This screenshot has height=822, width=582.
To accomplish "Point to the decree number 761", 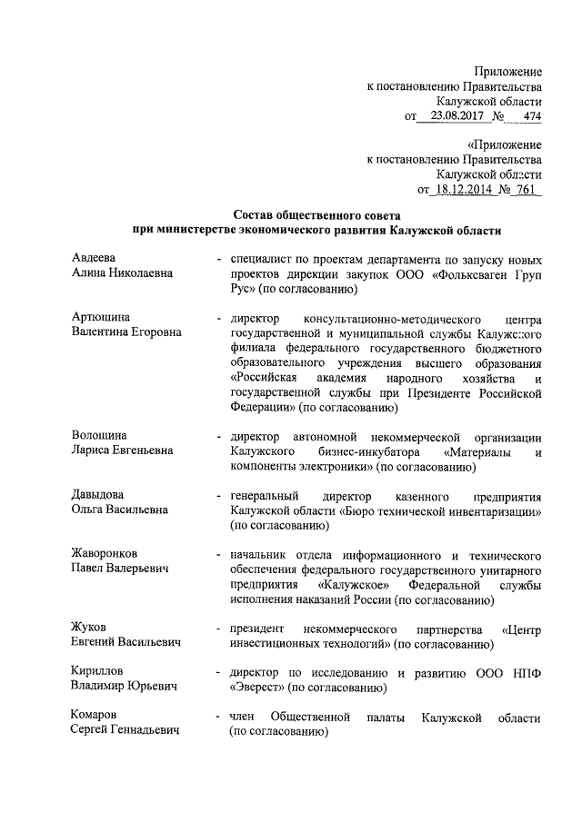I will tap(526, 191).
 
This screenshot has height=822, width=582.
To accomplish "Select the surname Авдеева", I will tap(95, 259).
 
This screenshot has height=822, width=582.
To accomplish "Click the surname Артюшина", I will tap(100, 317).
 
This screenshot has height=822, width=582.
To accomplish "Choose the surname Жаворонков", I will tap(108, 554).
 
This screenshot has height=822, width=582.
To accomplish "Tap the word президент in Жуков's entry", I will tap(259, 629).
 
